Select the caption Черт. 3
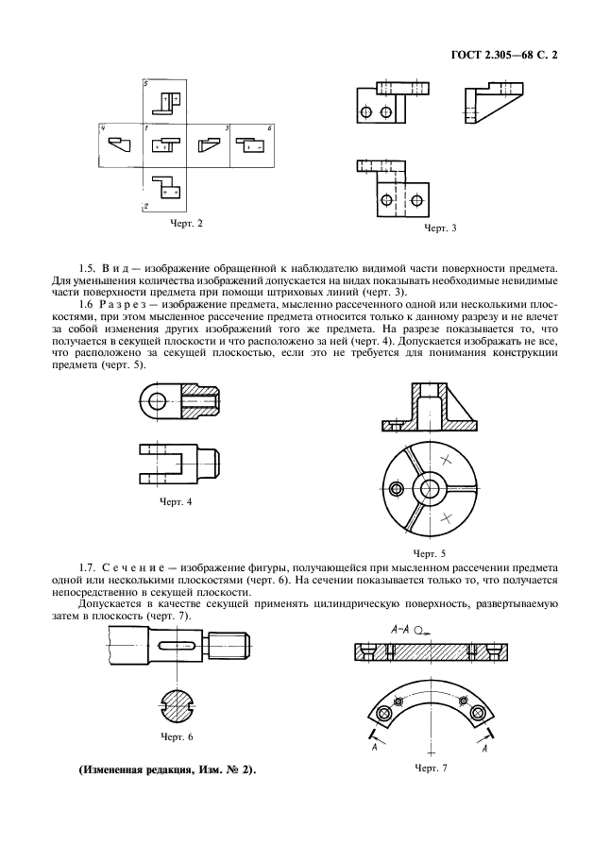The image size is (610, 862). (x=440, y=228)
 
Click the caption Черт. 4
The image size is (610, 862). (x=176, y=501)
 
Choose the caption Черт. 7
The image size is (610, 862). (x=429, y=769)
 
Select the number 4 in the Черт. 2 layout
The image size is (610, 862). (x=102, y=127)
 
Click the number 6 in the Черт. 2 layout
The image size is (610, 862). (x=270, y=127)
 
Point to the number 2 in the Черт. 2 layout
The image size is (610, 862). (x=145, y=205)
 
